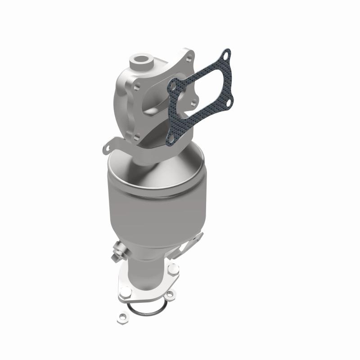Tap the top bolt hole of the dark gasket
coord(226,55)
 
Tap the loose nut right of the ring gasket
coord(170,295)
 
